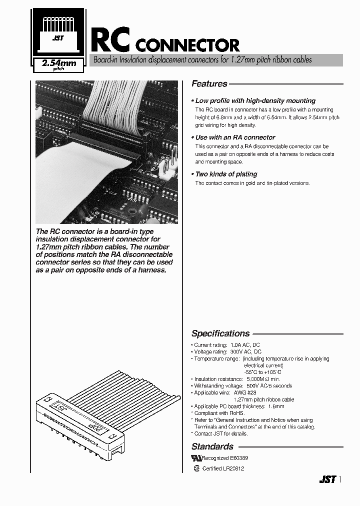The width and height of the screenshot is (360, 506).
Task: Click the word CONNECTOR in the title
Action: point(187,46)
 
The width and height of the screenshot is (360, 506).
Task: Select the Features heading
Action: point(209,84)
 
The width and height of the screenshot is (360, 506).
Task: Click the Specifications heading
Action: point(220,333)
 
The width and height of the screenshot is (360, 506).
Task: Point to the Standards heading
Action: point(212,446)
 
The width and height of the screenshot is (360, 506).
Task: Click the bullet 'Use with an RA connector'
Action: point(235,137)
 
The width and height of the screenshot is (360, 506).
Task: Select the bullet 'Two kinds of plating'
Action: point(226,174)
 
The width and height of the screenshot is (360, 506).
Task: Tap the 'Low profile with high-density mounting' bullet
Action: point(255,100)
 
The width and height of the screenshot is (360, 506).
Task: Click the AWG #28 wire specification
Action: point(244,392)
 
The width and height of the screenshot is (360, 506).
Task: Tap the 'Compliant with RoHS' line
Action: point(219,413)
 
